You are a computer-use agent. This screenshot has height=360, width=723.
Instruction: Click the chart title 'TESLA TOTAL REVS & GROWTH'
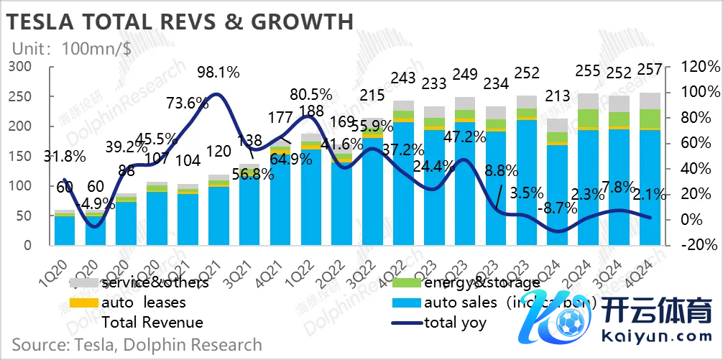[x=180, y=21]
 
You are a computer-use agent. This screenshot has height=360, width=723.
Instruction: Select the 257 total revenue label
[x=651, y=70]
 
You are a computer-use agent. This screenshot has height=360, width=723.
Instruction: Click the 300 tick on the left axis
[x=20, y=67]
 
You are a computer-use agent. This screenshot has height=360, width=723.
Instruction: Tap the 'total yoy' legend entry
[x=455, y=323]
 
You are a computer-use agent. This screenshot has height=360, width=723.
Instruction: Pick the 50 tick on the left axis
[x=24, y=216]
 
